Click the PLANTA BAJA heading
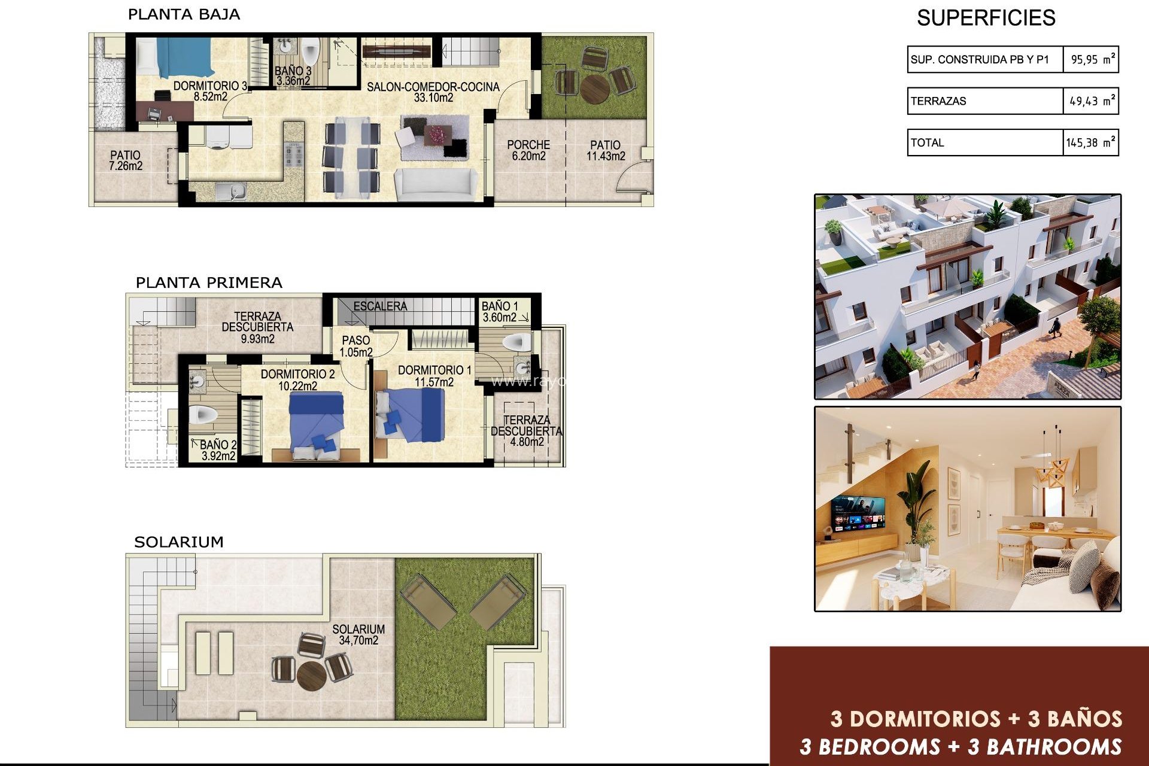184,14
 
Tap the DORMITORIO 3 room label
209,86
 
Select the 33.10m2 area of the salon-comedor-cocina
433,98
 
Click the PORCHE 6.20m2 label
528,150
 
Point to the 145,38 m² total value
1090,142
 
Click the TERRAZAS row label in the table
938,101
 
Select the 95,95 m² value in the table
1092,59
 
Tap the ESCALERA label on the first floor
380,306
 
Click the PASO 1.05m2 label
356,346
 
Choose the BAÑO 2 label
217,445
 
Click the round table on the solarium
311,675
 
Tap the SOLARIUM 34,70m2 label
358,634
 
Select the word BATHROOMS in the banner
1053,747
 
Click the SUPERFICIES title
986,18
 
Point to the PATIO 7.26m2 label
126,160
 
